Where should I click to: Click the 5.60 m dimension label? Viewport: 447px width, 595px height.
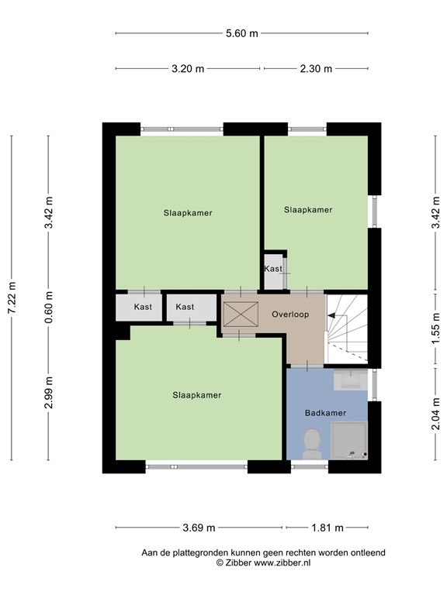pos(241,33)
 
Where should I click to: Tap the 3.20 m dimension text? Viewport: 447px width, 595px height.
pos(188,69)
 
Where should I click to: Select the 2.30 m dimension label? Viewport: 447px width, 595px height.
pos(316,69)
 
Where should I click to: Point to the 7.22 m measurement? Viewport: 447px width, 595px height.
pos(12,297)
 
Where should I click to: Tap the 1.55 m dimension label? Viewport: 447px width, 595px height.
pos(435,327)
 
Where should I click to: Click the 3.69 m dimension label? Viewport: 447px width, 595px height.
pos(199,528)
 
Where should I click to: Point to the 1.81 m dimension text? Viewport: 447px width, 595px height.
pos(327,528)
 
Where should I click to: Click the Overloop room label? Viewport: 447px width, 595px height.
pos(290,315)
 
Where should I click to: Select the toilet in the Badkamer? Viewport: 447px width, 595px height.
pos(310,442)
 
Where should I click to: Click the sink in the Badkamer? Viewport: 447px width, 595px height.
pos(351,379)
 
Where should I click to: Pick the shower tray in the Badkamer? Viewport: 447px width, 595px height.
pos(348,439)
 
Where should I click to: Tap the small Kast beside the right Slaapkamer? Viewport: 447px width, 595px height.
pos(274,269)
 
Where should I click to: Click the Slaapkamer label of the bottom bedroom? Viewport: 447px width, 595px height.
pos(196,395)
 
